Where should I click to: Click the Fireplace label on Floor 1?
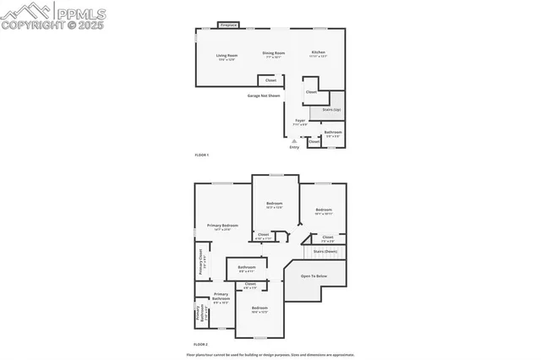[x=228, y=25]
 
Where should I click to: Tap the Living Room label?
[x=227, y=56]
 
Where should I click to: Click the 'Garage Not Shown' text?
[x=263, y=95]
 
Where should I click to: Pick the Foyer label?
[x=300, y=121]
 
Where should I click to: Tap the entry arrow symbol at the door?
[x=294, y=140]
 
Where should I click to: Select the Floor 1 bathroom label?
[x=333, y=132]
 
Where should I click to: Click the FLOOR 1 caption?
[x=201, y=155]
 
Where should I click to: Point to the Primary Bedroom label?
[x=222, y=226]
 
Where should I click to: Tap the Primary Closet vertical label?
[x=200, y=264]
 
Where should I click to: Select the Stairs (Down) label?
[x=325, y=251]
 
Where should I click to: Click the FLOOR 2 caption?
[x=201, y=345]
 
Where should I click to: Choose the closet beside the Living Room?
[x=270, y=80]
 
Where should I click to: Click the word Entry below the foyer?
[x=294, y=148]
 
